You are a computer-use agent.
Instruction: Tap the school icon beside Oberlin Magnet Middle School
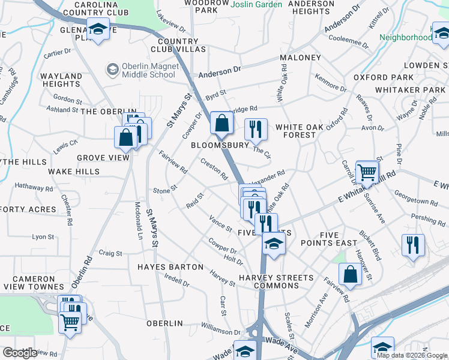(112, 70)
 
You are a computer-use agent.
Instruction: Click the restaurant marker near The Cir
(256, 129)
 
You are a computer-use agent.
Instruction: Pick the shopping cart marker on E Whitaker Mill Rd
(367, 172)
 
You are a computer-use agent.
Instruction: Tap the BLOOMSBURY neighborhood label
(220, 145)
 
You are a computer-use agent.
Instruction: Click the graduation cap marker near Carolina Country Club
(97, 29)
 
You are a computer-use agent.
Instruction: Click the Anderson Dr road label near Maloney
(220, 71)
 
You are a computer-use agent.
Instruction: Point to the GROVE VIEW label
(103, 158)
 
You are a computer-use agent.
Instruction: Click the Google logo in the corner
(20, 353)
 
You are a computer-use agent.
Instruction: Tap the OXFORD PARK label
(384, 77)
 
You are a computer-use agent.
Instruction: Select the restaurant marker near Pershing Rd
(413, 245)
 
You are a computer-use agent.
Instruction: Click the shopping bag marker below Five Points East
(349, 274)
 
